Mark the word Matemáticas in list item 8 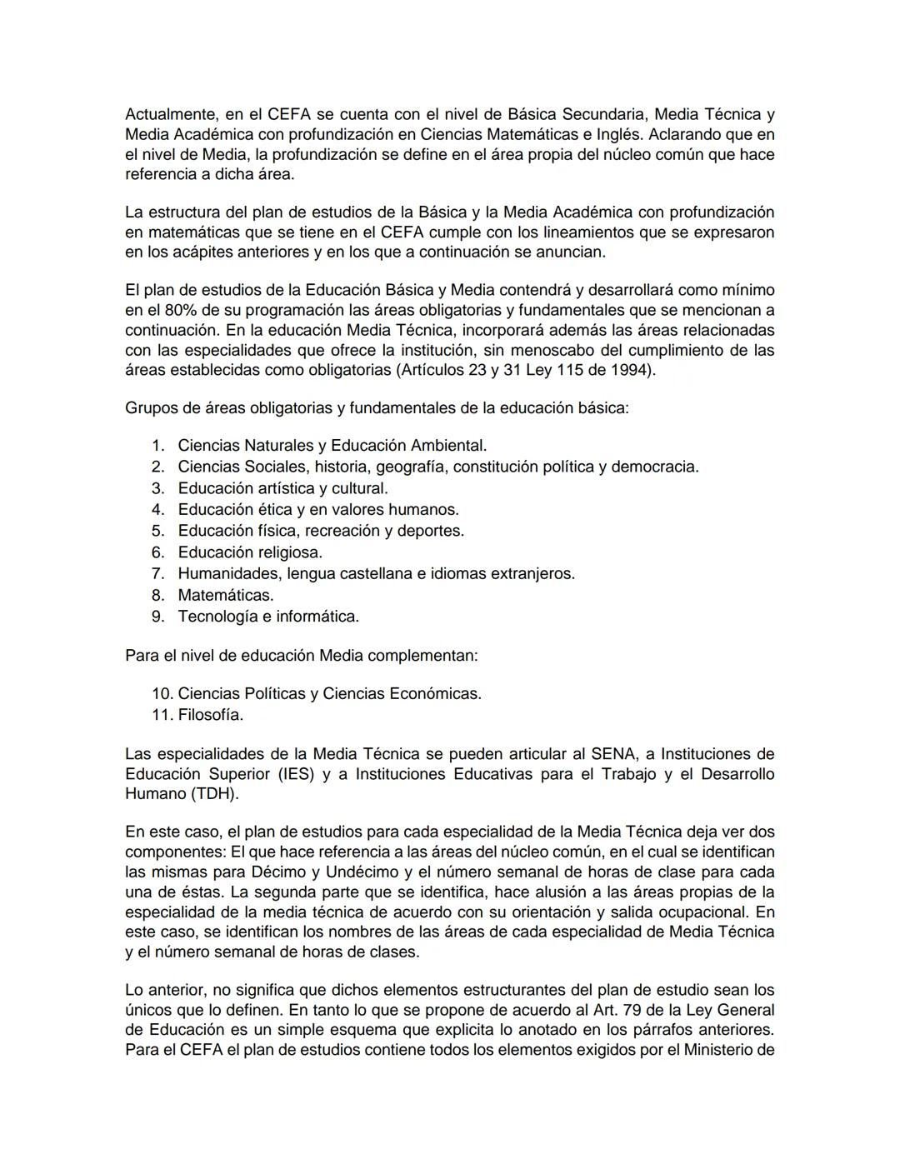(225, 595)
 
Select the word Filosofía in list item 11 (210, 715)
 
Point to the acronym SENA (613, 754)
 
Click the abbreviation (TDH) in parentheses (214, 794)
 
